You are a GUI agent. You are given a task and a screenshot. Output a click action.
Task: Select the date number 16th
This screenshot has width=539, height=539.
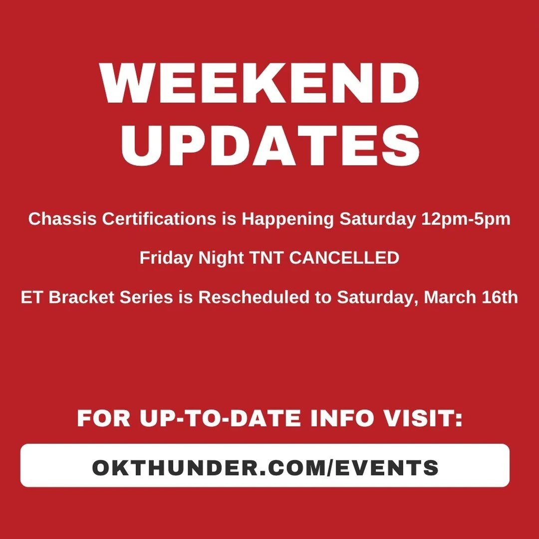(x=501, y=297)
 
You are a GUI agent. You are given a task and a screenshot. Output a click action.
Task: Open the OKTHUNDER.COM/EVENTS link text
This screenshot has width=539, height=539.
(x=265, y=468)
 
